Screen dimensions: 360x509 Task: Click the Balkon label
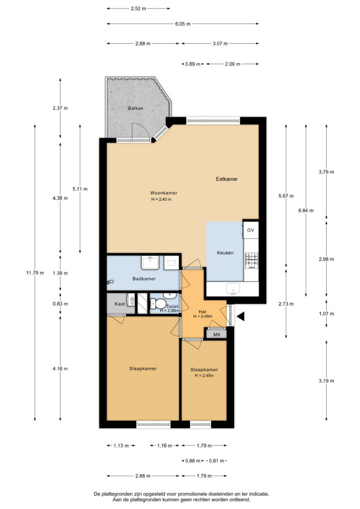(x=135, y=108)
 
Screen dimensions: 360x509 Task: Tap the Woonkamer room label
(x=164, y=193)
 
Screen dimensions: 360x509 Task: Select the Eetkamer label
(x=227, y=179)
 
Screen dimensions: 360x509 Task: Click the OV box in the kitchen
(x=251, y=230)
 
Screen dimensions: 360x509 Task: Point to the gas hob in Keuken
(x=252, y=260)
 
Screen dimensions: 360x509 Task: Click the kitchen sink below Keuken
(x=233, y=289)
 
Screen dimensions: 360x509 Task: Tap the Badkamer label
(x=144, y=278)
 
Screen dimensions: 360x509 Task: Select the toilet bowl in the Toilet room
(x=159, y=304)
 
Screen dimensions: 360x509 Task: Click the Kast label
(x=119, y=304)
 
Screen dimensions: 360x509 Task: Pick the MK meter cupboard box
(x=216, y=335)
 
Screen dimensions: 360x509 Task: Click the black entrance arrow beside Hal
(x=240, y=317)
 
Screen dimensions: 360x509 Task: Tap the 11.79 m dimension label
(x=35, y=273)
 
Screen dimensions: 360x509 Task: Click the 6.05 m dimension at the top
(x=183, y=24)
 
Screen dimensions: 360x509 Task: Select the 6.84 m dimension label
(x=306, y=210)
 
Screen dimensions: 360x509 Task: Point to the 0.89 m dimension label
(x=192, y=64)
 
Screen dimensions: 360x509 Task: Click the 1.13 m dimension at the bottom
(x=121, y=445)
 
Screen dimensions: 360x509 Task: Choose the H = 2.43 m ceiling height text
(x=161, y=199)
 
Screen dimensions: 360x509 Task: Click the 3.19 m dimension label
(x=326, y=381)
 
